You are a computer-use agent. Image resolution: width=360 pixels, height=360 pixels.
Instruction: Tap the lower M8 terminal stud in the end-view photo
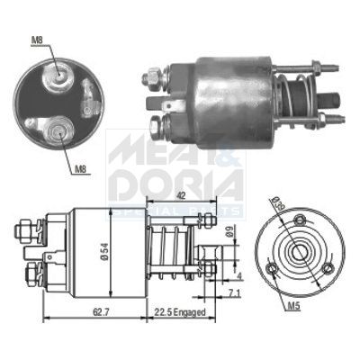point(58,130)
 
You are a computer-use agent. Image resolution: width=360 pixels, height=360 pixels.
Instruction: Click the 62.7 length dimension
point(76,311)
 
